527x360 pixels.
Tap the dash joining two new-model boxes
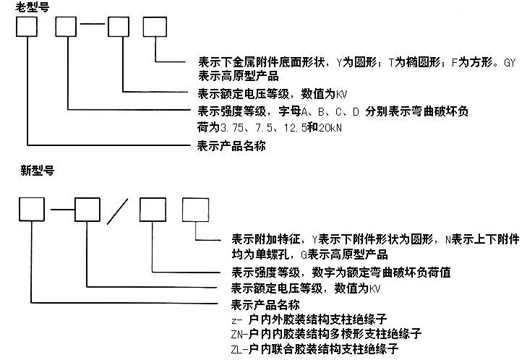pos(62,210)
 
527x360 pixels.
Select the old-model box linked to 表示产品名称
pos(27,26)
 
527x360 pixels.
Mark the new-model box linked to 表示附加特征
pos(195,209)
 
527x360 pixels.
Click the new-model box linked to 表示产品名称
pos(33,210)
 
